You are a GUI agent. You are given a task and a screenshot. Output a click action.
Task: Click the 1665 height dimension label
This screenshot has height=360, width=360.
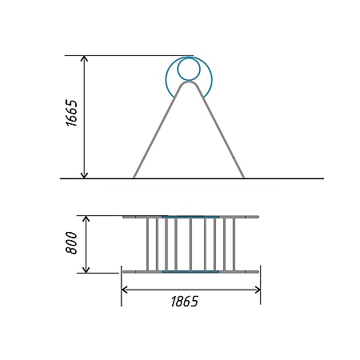pyautogui.click(x=71, y=113)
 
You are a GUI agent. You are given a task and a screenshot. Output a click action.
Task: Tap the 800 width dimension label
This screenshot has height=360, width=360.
pyautogui.click(x=71, y=242)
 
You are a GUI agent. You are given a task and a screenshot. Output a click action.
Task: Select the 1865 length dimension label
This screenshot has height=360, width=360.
pyautogui.click(x=185, y=302)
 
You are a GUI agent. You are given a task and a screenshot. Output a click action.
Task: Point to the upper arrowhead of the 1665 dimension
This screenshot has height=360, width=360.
pyautogui.click(x=84, y=58)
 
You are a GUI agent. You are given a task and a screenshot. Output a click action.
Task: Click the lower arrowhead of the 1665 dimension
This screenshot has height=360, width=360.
pyautogui.click(x=84, y=175)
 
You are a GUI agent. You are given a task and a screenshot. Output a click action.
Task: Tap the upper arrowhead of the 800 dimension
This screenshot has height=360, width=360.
pyautogui.click(x=86, y=218)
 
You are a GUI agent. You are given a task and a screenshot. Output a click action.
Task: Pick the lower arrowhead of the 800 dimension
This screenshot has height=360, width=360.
pyautogui.click(x=86, y=270)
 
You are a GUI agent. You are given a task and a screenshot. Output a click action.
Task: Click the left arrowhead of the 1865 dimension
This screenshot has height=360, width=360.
pyautogui.click(x=124, y=290)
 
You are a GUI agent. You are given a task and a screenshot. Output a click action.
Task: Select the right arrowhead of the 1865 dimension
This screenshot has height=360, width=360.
pyautogui.click(x=258, y=290)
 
